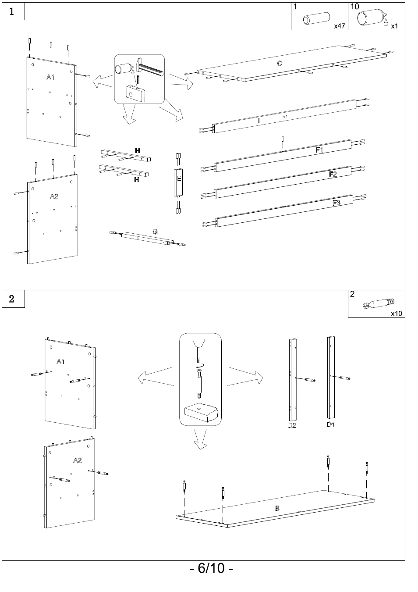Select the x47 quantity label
click(x=340, y=26)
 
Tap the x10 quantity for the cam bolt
click(x=397, y=313)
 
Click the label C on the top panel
click(x=280, y=63)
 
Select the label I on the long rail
click(x=259, y=120)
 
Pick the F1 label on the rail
click(x=319, y=150)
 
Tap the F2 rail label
click(x=333, y=174)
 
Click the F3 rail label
click(x=337, y=203)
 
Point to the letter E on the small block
click(x=179, y=178)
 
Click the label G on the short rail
click(x=155, y=231)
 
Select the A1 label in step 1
click(x=50, y=77)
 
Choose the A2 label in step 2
click(x=77, y=460)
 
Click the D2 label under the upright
click(x=292, y=425)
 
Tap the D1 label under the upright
click(x=331, y=424)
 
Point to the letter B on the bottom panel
click(x=277, y=508)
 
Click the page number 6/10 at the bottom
click(x=211, y=568)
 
